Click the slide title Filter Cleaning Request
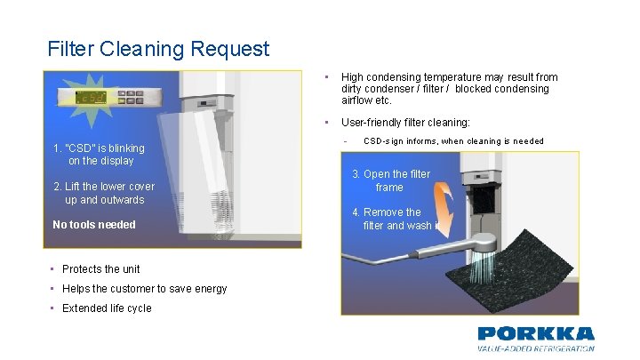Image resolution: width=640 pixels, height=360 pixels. (158, 48)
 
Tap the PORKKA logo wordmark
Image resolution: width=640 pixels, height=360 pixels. (535, 334)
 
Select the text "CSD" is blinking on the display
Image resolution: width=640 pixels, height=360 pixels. (99, 154)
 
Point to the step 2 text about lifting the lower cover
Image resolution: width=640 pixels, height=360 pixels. (104, 193)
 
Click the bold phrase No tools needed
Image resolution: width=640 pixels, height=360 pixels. (94, 225)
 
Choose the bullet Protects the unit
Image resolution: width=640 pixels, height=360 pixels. (100, 269)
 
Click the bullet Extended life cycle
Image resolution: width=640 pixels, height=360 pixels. (107, 308)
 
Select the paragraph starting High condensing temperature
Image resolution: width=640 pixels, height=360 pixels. (449, 89)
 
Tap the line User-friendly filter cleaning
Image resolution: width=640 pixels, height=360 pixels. (405, 123)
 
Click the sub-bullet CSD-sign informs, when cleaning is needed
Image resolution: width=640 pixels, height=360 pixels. (453, 141)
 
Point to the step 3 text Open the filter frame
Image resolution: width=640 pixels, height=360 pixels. (391, 180)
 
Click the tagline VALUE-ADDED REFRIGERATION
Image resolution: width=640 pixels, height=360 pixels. (535, 349)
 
